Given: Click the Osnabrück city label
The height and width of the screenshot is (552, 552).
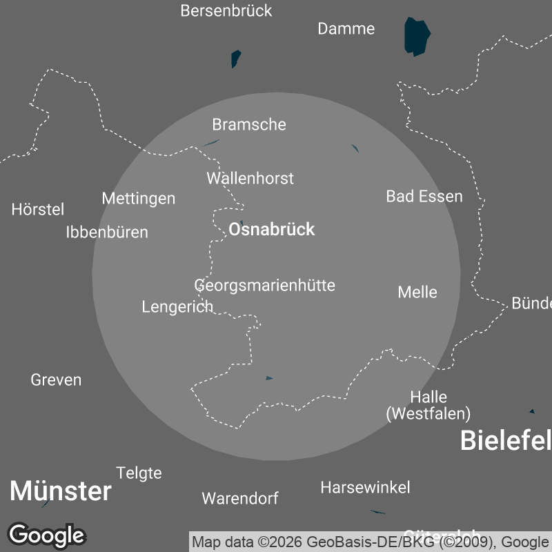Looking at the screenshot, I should click(x=271, y=230).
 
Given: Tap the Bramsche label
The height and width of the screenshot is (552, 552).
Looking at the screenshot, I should click(x=248, y=125).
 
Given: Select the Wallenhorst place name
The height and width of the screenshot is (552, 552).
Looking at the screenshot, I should click(x=250, y=179).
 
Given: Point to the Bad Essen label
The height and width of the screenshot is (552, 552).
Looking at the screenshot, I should click(x=424, y=197).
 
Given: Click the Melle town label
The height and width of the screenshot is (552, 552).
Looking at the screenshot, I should click(x=417, y=292).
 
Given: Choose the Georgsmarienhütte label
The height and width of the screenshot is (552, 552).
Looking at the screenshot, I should click(x=265, y=285).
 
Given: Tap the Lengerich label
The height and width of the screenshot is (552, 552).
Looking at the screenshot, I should click(x=177, y=307).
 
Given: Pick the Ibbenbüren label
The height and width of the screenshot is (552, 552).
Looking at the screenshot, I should click(x=107, y=233).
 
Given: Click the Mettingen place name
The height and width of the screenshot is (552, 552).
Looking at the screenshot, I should click(x=139, y=199).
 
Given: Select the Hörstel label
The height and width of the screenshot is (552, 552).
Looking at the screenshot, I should click(x=38, y=210).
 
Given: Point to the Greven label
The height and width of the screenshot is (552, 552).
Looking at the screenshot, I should click(x=56, y=380).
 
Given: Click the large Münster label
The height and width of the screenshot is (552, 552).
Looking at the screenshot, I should click(x=60, y=492).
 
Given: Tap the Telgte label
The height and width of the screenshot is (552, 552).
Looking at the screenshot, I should click(x=139, y=473).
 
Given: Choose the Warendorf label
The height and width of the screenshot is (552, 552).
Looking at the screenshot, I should click(x=240, y=498).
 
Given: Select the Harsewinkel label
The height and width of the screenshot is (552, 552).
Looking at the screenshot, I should click(x=365, y=488).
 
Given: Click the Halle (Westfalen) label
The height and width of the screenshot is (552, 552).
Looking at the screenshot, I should click(x=428, y=406).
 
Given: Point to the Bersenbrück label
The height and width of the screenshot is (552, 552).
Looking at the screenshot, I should click(x=226, y=11).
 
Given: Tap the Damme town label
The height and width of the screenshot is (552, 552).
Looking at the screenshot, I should click(x=346, y=29).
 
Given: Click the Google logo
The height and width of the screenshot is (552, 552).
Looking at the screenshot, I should click(x=46, y=535).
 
